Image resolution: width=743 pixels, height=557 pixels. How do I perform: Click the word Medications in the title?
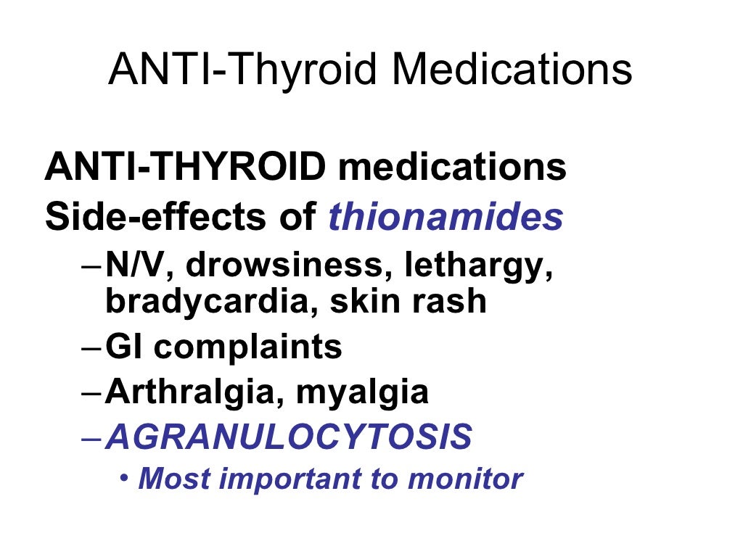click(512, 70)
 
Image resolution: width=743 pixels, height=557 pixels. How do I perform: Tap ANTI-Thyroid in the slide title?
click(244, 70)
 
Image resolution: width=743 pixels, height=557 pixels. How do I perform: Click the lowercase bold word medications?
click(452, 168)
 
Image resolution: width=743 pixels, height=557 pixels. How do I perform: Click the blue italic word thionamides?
click(446, 217)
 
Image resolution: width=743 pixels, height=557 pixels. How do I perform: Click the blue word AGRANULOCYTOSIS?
click(289, 437)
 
